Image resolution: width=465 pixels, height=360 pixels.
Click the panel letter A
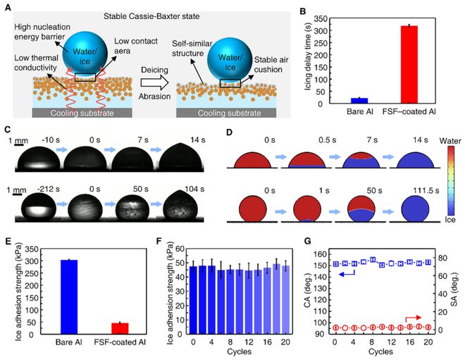[8, 6]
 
